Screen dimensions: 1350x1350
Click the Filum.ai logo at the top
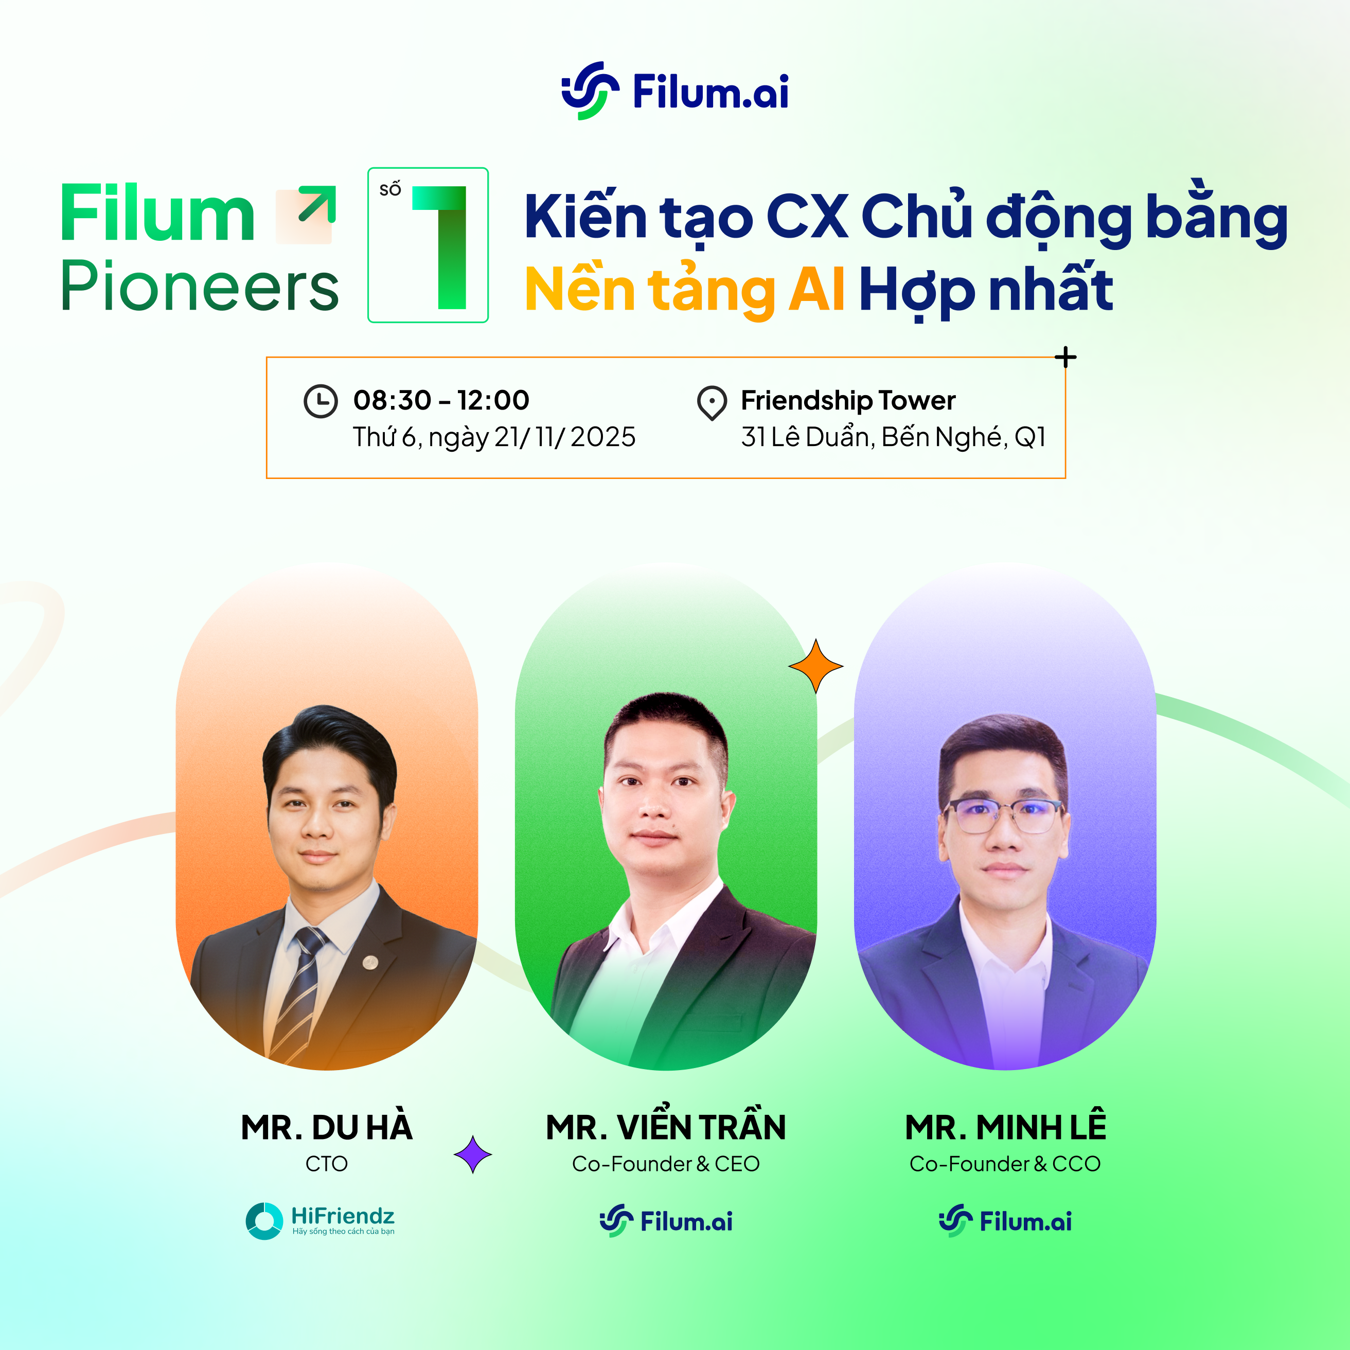coord(675,91)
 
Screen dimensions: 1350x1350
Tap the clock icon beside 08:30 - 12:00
coord(321,401)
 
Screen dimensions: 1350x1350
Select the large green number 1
coord(439,247)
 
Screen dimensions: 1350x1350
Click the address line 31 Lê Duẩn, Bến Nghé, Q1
coord(894,437)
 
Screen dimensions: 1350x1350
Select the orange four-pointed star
coord(816,666)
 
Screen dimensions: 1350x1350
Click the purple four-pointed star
coord(473,1154)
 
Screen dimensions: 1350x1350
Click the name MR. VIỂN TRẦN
coord(666,1126)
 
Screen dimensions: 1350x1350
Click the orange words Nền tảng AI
coord(685,289)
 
